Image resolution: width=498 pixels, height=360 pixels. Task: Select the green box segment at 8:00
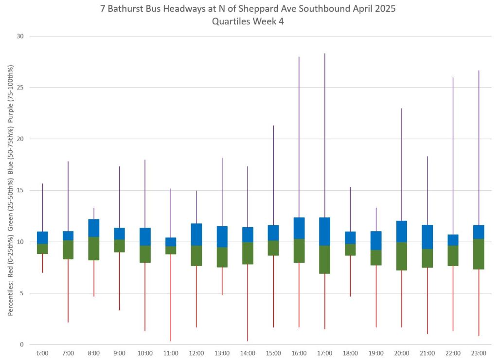click(x=94, y=248)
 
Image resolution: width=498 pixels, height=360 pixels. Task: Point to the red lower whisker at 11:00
click(x=171, y=297)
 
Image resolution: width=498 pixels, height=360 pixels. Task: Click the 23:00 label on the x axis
click(x=479, y=353)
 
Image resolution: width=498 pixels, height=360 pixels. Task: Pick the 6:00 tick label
click(x=42, y=353)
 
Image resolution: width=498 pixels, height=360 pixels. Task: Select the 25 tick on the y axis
click(x=21, y=88)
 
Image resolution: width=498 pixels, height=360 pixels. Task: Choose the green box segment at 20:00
click(x=401, y=256)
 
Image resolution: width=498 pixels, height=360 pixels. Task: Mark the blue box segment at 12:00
click(x=196, y=234)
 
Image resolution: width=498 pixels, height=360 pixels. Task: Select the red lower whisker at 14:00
click(x=248, y=302)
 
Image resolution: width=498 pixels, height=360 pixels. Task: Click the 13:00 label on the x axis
click(x=222, y=353)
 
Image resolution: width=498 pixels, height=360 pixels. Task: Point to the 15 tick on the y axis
click(x=21, y=190)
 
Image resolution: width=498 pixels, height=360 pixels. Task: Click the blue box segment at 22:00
click(x=453, y=240)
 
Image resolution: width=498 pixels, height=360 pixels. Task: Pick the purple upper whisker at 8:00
click(x=94, y=214)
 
